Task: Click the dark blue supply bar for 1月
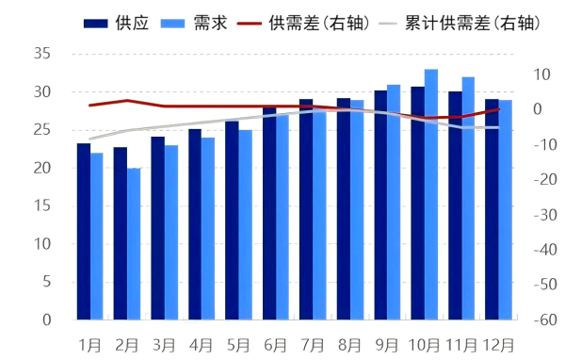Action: [x=84, y=232]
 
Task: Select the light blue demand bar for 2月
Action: [x=134, y=244]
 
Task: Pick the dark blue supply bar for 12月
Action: [x=492, y=209]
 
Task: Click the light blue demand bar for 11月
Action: [x=468, y=199]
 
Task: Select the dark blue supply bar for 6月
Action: [x=269, y=214]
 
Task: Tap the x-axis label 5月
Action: [x=238, y=345]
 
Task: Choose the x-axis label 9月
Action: [x=387, y=345]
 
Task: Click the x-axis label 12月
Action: [x=498, y=345]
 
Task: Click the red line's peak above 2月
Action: [x=127, y=100]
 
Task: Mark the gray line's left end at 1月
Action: [x=89, y=139]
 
